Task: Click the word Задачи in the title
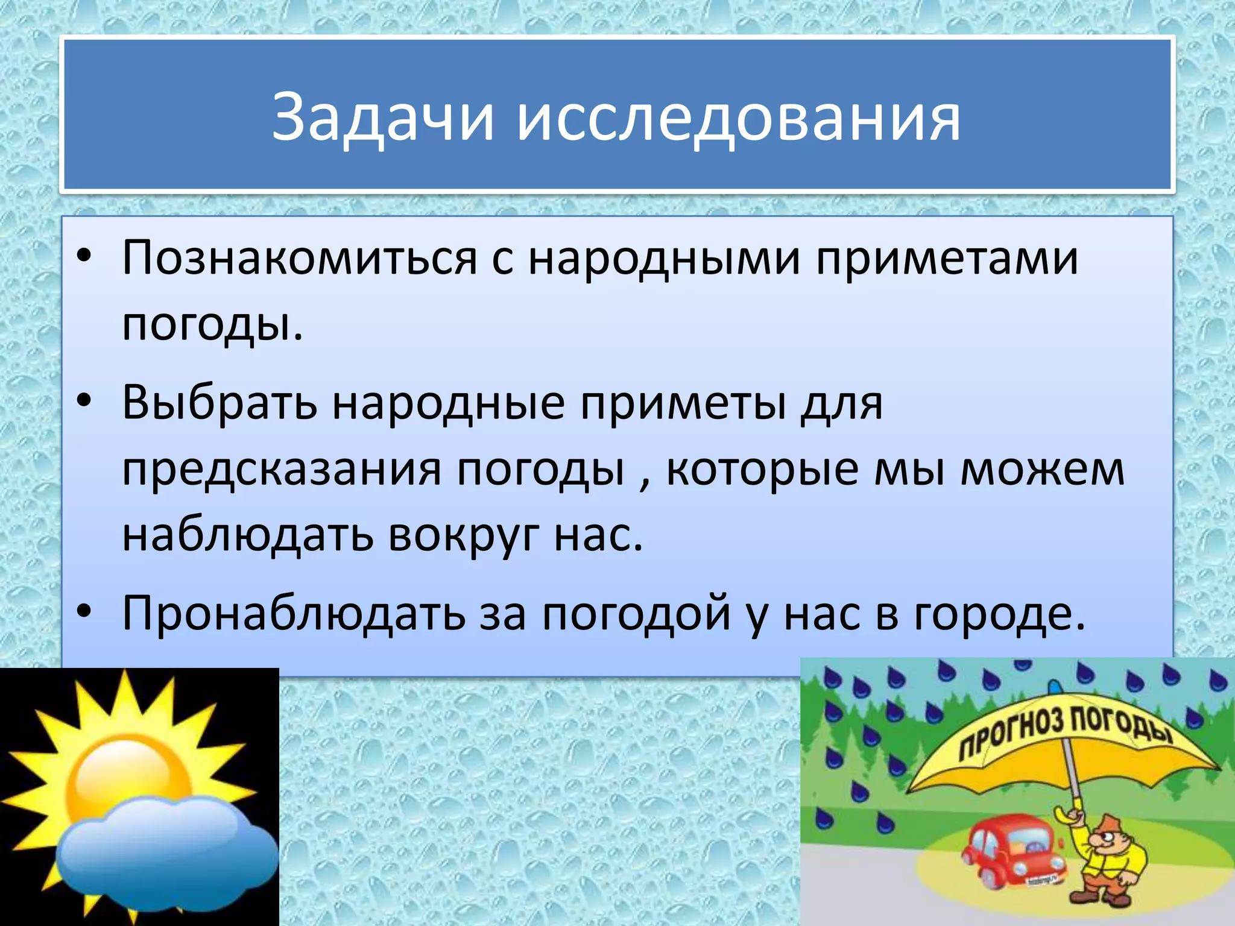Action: [383, 117]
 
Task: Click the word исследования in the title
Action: [738, 117]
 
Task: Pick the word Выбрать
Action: [220, 403]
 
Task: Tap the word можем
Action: [1042, 469]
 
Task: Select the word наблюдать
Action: [248, 535]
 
